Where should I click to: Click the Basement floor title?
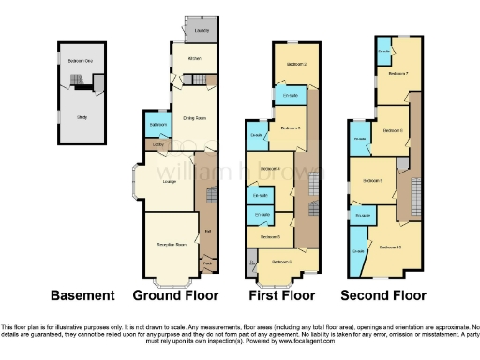point(82,295)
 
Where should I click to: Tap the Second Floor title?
point(376,295)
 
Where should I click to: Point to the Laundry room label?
point(201,32)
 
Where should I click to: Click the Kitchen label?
point(195,59)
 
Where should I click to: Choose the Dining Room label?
point(193,118)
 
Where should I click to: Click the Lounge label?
point(170,180)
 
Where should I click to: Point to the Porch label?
point(208,266)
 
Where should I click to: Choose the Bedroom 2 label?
point(297,64)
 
